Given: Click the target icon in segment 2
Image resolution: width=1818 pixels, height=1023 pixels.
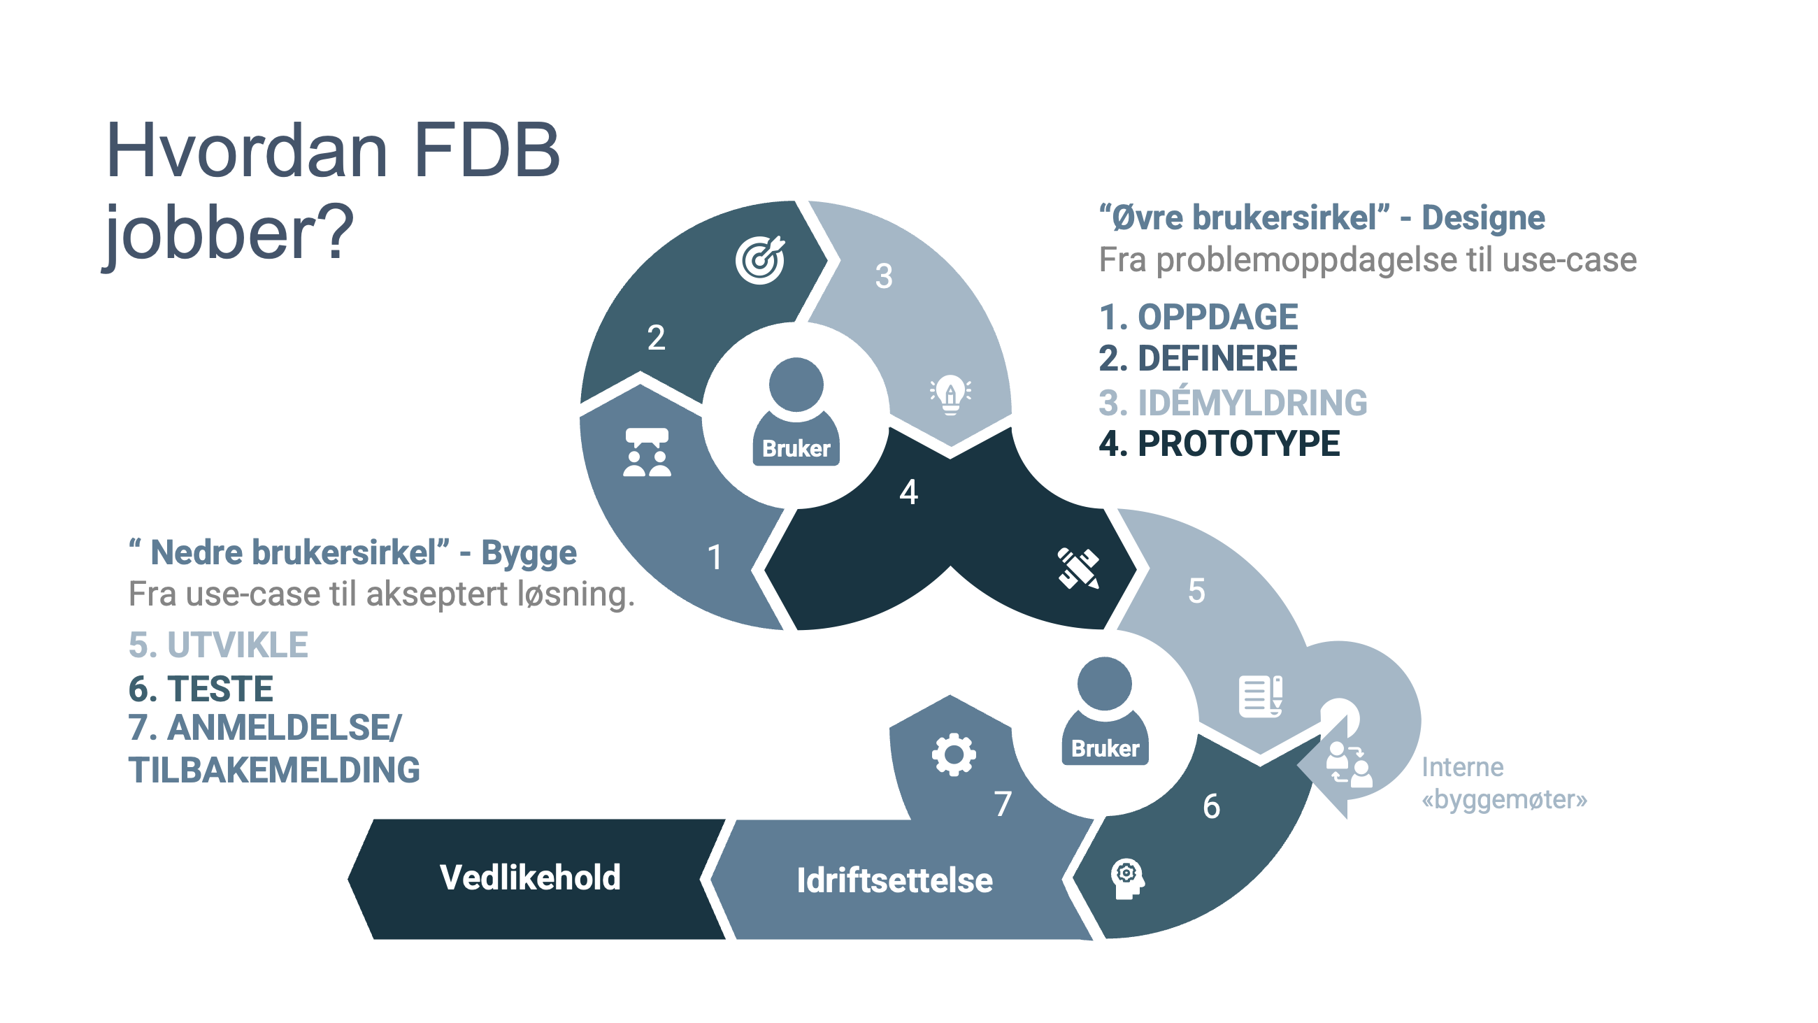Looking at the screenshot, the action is pyautogui.click(x=760, y=259).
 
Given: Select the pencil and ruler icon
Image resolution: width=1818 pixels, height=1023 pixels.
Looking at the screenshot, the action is pyautogui.click(x=1078, y=568).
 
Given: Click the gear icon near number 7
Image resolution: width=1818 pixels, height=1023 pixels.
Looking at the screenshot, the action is pyautogui.click(x=954, y=754).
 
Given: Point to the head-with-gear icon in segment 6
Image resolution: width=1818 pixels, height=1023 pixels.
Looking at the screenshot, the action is pyautogui.click(x=1127, y=879).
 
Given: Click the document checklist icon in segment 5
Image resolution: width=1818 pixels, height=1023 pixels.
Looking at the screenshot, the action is pyautogui.click(x=1261, y=696).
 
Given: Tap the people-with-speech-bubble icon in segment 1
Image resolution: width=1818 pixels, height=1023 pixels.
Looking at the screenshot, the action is pyautogui.click(x=647, y=452).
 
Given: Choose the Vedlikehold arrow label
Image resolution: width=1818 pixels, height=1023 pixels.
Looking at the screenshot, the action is pyautogui.click(x=530, y=878).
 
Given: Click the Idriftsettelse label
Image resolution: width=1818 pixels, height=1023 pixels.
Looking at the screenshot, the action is pyautogui.click(x=894, y=880).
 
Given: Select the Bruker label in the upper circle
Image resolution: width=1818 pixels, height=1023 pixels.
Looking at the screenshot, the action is pyautogui.click(x=796, y=448).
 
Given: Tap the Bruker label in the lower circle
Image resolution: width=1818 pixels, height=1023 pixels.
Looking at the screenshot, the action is pyautogui.click(x=1105, y=748).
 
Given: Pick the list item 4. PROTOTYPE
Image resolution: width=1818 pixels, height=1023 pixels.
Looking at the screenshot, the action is pyautogui.click(x=1219, y=444).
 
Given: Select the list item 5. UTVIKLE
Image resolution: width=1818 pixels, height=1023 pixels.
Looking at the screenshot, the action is pyautogui.click(x=218, y=645).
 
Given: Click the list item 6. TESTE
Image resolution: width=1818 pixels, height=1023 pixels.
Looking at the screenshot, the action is pyautogui.click(x=201, y=688).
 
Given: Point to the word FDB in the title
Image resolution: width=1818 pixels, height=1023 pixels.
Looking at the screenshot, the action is pyautogui.click(x=487, y=150).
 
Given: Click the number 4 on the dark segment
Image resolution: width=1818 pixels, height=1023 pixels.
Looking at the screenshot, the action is pyautogui.click(x=908, y=492).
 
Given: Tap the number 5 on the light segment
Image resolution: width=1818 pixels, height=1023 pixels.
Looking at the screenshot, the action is pyautogui.click(x=1196, y=590).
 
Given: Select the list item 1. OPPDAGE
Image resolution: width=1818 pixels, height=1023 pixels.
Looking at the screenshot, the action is pyautogui.click(x=1198, y=317).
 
